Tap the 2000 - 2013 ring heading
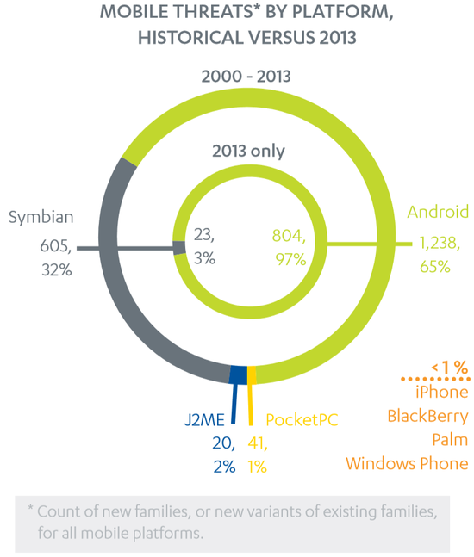(x=246, y=77)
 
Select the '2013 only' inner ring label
(x=248, y=152)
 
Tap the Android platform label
(x=438, y=212)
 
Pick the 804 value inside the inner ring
(x=290, y=234)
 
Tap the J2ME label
(x=206, y=420)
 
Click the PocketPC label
(x=301, y=420)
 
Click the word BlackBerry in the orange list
(x=427, y=417)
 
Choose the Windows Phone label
(x=407, y=464)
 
